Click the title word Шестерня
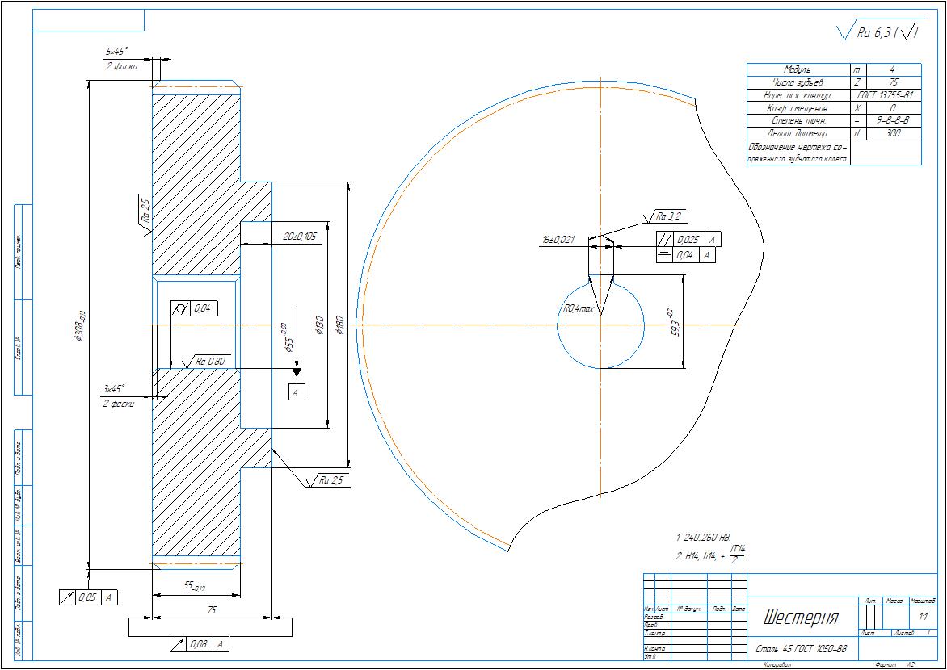(x=800, y=618)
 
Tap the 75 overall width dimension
(x=212, y=611)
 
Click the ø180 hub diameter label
(x=340, y=325)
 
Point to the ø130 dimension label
(x=319, y=326)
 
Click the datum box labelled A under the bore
(x=297, y=392)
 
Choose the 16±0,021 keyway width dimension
(x=558, y=240)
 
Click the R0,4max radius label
(x=579, y=308)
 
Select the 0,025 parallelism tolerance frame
(x=687, y=240)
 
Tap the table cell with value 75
(x=893, y=82)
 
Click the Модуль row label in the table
(x=797, y=70)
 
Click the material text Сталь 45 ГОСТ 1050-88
(x=801, y=648)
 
